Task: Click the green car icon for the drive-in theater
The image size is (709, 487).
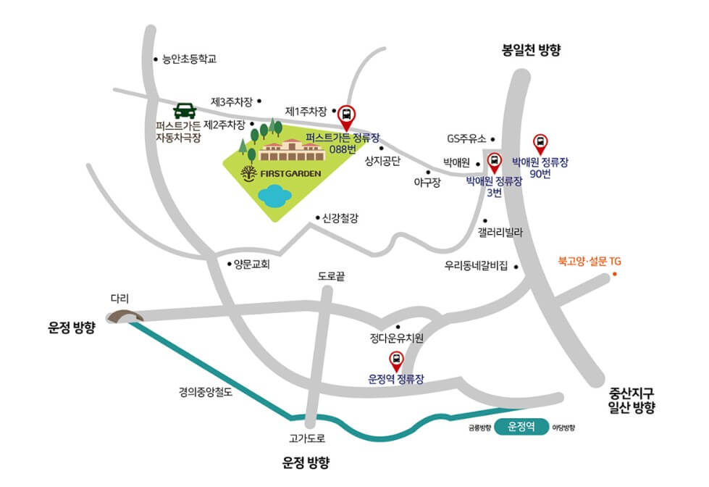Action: [185, 112]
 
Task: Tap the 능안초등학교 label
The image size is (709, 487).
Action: [189, 60]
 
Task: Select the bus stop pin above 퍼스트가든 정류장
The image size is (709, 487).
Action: [347, 115]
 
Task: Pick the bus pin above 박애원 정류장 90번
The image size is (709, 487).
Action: [540, 143]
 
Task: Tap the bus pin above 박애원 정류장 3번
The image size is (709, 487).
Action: [495, 161]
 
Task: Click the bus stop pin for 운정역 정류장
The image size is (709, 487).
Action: [396, 359]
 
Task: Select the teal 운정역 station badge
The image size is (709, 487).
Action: [521, 427]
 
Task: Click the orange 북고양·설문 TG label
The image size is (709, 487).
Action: [589, 260]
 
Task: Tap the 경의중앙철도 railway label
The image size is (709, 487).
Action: [206, 393]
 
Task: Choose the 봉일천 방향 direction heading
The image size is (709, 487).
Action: [532, 50]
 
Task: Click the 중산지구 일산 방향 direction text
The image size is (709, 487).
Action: [632, 401]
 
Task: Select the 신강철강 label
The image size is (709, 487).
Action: [340, 218]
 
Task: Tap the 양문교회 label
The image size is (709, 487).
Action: [251, 265]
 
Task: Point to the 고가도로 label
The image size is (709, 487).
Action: [307, 438]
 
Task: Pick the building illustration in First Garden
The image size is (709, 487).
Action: [290, 150]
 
